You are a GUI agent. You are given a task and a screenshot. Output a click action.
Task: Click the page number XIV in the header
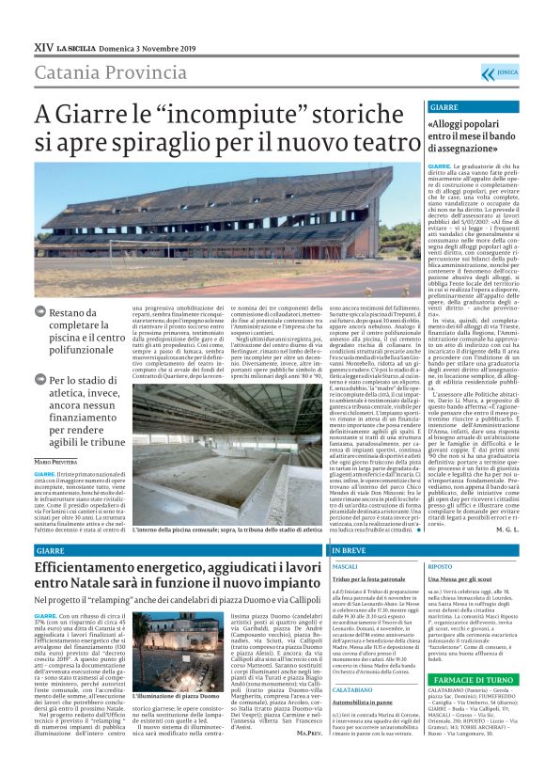[x=41, y=46]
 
